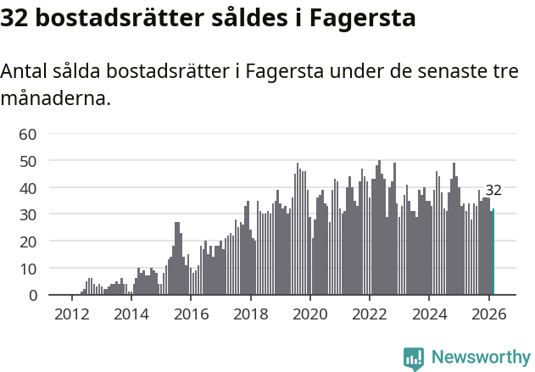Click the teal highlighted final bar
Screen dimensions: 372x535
coord(493,253)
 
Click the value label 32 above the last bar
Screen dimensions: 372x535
coord(493,191)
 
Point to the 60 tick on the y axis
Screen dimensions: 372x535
coord(28,133)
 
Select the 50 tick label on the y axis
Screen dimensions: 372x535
coord(28,160)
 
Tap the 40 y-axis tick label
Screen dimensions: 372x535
coord(28,187)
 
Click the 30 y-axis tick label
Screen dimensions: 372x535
coord(28,214)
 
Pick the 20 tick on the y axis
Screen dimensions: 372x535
coord(28,242)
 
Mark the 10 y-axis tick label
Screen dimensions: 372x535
coord(28,269)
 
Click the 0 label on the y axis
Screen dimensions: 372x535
coord(32,296)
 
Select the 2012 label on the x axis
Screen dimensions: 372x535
coord(71,313)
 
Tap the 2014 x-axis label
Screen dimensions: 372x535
coord(131,313)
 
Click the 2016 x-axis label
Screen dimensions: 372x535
coord(191,313)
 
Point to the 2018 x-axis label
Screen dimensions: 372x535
coord(250,313)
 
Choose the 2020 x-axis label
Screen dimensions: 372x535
coord(310,313)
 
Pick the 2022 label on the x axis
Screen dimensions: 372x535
coord(370,313)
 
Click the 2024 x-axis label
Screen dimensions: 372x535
coord(430,313)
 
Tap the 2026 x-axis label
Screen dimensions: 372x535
coord(489,313)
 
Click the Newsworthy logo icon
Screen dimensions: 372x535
coord(414,358)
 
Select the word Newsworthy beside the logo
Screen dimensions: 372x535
coord(480,358)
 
